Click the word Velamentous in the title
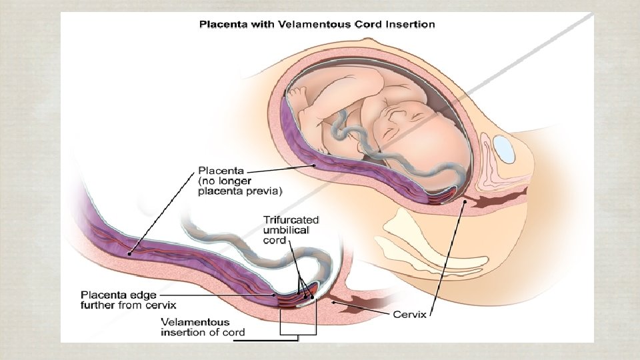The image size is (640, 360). click(x=297, y=25)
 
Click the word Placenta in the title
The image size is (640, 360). click(x=223, y=25)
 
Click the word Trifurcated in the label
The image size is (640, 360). click(x=291, y=219)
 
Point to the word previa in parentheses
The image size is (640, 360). click(x=265, y=192)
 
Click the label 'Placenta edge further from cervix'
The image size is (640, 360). click(x=119, y=299)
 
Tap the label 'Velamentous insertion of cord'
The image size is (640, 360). click(x=203, y=327)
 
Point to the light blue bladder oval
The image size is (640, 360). click(x=505, y=149)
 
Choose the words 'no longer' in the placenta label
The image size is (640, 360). click(x=227, y=181)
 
